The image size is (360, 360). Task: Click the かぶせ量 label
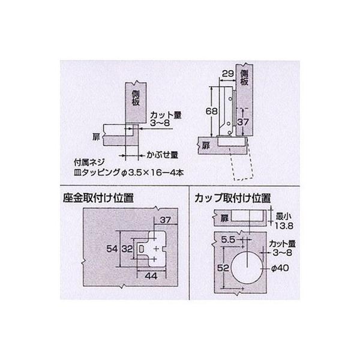pyautogui.click(x=162, y=154)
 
